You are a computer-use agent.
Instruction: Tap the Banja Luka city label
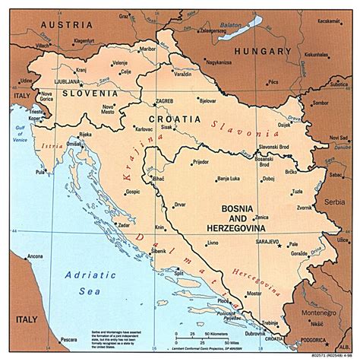[x=228, y=179]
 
